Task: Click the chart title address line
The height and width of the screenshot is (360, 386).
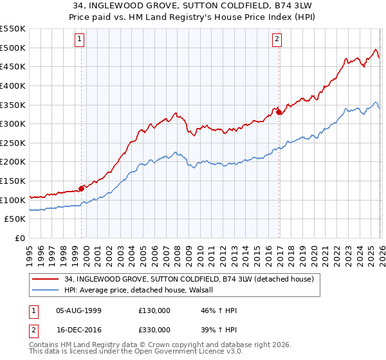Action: pos(192,6)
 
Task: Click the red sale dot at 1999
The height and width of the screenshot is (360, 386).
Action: pos(82,188)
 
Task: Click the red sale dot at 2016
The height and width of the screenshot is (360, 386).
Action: pos(279,112)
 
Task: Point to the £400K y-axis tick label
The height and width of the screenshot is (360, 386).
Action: pos(13,85)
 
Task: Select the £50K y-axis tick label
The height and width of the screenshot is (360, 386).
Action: pos(15,219)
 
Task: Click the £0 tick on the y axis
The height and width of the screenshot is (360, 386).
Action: pos(21,239)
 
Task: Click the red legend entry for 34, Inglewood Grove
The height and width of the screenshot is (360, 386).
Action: pos(188,279)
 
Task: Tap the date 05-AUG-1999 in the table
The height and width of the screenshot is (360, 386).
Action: pos(78,310)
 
